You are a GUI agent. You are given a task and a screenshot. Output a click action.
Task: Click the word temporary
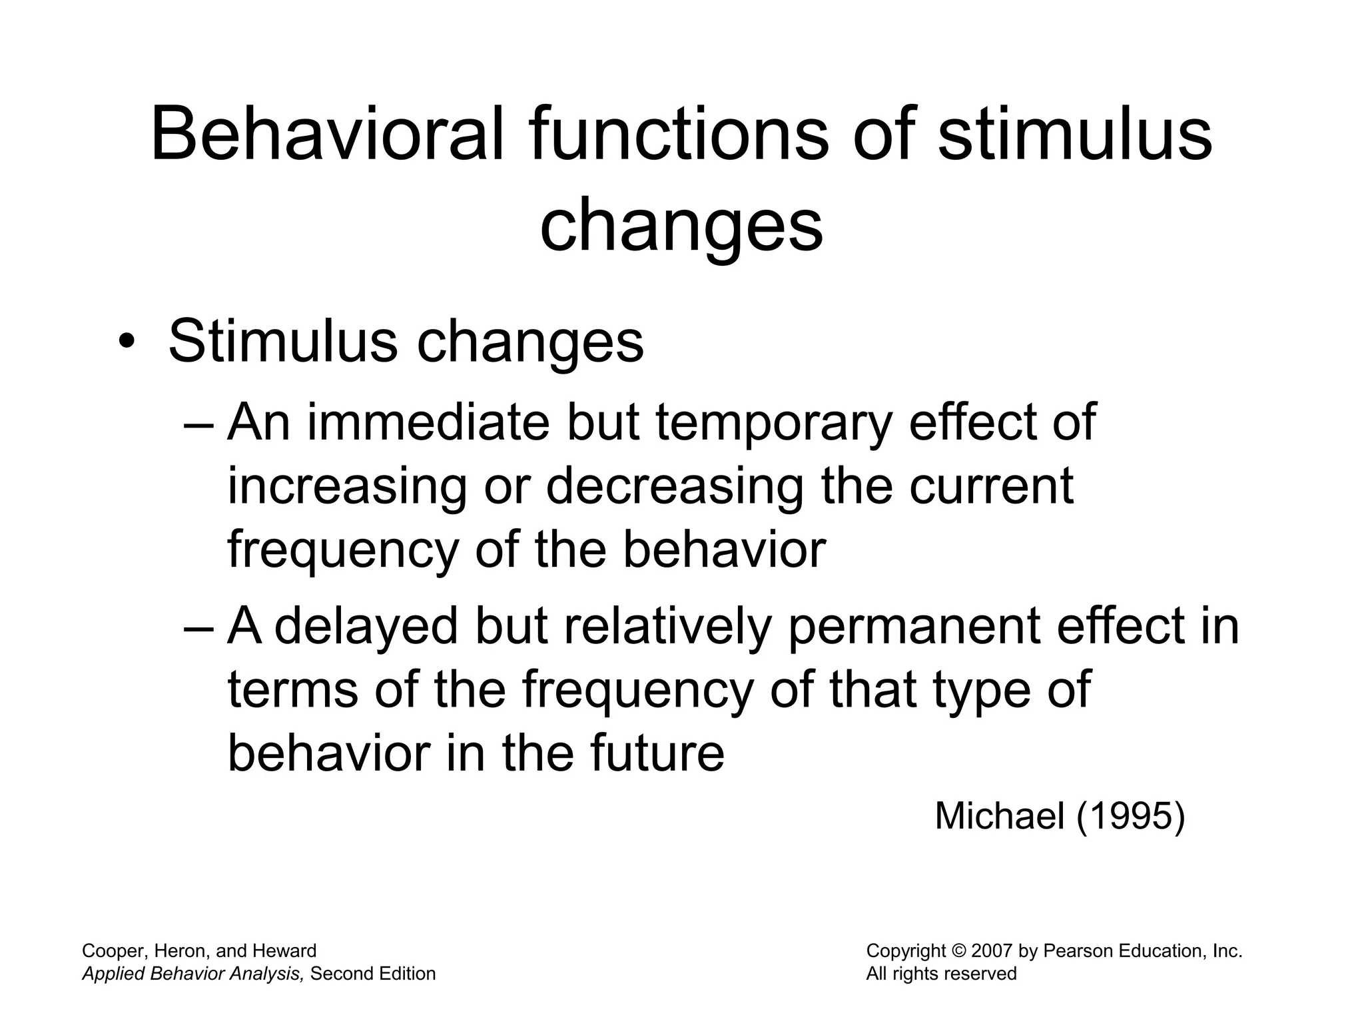(773, 424)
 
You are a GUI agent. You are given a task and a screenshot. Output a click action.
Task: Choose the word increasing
(347, 487)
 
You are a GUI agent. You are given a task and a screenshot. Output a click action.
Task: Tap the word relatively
(668, 627)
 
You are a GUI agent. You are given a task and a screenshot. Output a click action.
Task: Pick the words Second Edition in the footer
(373, 974)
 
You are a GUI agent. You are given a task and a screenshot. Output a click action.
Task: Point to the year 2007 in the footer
(992, 951)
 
